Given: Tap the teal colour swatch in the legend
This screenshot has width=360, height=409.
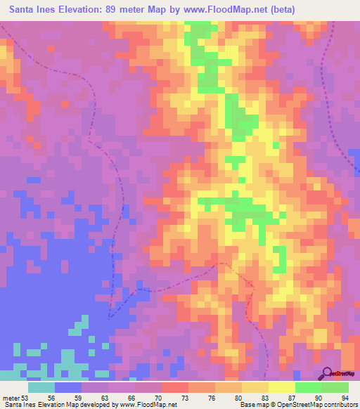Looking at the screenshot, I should (41, 387).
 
